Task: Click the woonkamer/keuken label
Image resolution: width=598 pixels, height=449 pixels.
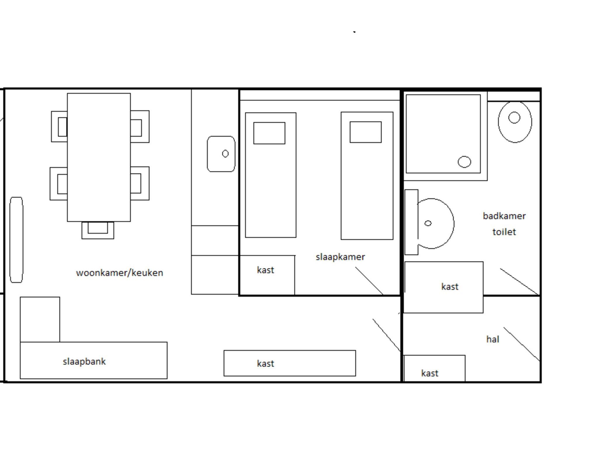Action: [119, 273]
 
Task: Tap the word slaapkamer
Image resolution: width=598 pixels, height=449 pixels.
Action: [340, 257]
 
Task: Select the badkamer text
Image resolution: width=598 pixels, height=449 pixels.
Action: [504, 216]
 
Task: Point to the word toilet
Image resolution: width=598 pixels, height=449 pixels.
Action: [504, 232]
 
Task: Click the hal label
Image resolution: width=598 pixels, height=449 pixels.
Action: [493, 339]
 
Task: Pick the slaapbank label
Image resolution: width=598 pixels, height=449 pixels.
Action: [84, 362]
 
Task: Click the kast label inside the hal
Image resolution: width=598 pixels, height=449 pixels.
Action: [430, 373]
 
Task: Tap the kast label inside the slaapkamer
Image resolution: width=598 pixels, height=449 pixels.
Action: [265, 270]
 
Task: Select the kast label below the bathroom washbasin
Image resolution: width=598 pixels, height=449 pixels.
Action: [450, 287]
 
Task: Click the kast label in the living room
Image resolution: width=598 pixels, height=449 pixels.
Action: [265, 363]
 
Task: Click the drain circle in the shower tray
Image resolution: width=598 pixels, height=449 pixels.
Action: [464, 162]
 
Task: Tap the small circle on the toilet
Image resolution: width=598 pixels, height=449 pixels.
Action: [514, 118]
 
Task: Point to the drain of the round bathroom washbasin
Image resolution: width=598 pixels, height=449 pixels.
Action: [428, 223]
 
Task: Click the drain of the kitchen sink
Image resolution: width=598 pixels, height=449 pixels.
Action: [225, 154]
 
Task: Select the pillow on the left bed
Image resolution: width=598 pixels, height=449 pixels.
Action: [269, 133]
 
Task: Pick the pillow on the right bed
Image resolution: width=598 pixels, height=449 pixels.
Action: [366, 132]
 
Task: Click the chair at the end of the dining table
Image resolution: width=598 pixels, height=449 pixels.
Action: [98, 230]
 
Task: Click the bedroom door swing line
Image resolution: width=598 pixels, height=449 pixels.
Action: [369, 281]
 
